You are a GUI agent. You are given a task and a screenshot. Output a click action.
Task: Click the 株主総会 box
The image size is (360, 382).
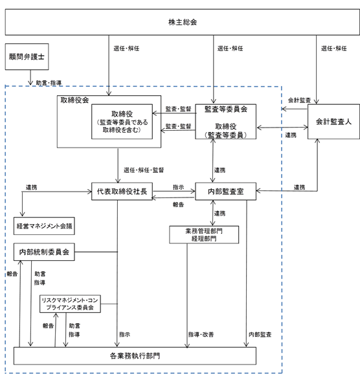[183, 22]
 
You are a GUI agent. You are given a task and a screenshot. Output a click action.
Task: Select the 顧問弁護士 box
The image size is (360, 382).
[27, 57]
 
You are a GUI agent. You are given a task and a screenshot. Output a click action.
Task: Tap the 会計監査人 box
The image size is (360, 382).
[333, 122]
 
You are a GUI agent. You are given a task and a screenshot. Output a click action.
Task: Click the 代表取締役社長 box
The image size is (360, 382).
[122, 192]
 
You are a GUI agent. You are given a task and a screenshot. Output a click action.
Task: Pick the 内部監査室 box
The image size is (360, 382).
[225, 192]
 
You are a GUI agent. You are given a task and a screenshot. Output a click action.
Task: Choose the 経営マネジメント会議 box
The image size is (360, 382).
[44, 226]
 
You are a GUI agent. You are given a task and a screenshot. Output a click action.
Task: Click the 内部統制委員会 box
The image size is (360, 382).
[44, 252]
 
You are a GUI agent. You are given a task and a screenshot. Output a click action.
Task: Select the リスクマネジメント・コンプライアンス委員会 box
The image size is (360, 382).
[70, 304]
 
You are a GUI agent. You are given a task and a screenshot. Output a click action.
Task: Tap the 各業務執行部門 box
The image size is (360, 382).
[135, 356]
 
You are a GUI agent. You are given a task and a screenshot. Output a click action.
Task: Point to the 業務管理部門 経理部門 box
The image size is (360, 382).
[204, 234]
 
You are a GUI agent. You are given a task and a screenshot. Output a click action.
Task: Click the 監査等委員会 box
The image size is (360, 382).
[225, 122]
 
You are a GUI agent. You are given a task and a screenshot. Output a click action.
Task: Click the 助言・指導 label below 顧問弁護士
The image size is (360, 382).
[49, 83]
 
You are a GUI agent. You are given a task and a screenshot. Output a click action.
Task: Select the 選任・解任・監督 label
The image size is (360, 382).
[144, 170]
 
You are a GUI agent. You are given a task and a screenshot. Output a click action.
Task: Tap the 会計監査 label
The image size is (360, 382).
[299, 100]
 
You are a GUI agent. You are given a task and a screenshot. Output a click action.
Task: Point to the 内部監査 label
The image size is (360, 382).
[260, 335]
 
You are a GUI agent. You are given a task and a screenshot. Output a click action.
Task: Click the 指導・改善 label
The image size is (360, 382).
[201, 335]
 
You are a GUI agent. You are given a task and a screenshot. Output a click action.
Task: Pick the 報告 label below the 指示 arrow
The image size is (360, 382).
[178, 205]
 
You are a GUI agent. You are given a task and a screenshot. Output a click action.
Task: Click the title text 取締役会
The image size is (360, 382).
[74, 100]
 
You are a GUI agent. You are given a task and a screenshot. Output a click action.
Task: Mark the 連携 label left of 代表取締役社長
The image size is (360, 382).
[32, 187]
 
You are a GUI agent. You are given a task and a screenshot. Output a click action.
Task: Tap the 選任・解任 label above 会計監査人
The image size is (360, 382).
[333, 49]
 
